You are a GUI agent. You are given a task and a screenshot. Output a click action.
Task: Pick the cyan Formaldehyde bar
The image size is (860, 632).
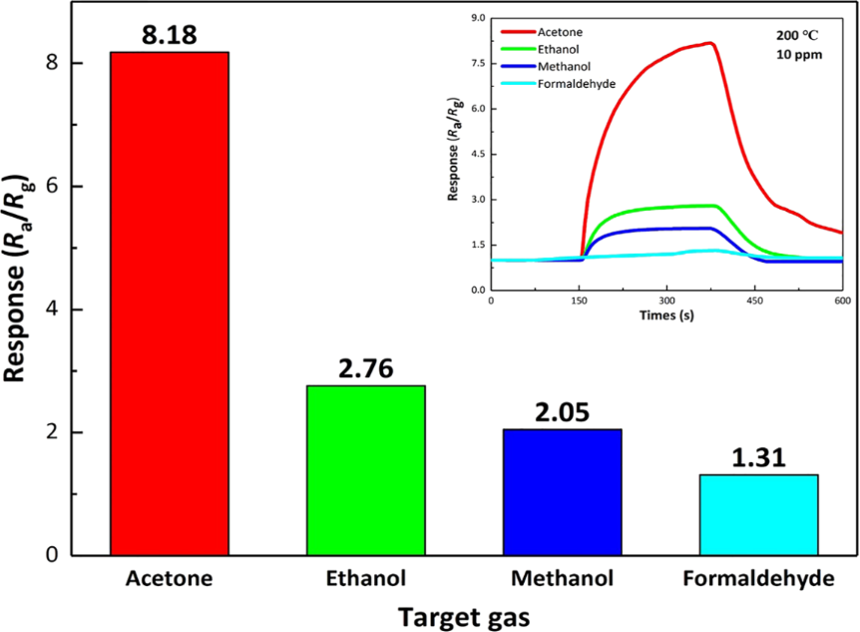759,515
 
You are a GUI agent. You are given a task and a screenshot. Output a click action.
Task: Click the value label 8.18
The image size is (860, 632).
170,34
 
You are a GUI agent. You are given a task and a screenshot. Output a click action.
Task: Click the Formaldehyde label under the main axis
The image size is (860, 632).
759,578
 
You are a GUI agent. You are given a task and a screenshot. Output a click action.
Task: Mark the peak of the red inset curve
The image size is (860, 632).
710,43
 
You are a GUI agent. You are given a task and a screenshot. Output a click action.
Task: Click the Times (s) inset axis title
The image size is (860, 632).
665,315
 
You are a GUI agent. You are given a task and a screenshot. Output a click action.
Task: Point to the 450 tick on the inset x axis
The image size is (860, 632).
754,300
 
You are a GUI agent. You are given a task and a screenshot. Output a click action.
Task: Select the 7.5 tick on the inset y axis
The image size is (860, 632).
477,64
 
